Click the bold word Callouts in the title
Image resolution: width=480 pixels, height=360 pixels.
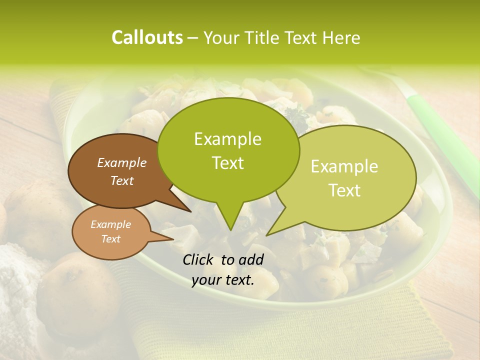coord(147,37)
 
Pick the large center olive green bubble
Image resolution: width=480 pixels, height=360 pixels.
coord(228,150)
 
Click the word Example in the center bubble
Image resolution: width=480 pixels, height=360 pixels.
coord(227,139)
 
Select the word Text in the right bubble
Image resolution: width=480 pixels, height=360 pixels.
coord(345,190)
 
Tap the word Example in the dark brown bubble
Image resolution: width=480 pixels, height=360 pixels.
coord(121,162)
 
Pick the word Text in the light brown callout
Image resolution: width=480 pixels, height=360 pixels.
coord(111,239)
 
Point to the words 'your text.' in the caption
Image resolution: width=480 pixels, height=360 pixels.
coord(223,280)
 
